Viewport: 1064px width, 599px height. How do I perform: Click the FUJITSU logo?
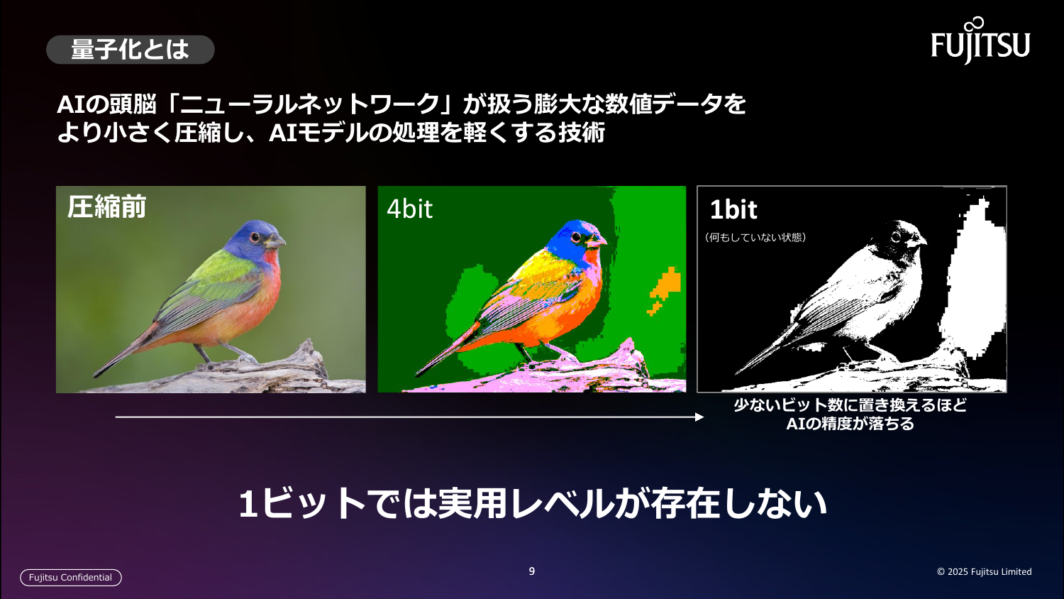coord(980,43)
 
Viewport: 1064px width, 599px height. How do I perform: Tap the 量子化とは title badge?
coord(130,50)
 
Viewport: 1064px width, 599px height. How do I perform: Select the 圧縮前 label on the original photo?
coord(106,207)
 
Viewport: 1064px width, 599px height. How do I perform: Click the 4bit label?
coord(409,209)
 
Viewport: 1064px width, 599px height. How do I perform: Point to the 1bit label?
coord(733,210)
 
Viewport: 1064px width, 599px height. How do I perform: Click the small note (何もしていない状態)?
coord(755,237)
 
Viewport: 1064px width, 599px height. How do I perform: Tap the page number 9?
coord(532,571)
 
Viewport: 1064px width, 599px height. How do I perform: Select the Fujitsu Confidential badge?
coord(71,578)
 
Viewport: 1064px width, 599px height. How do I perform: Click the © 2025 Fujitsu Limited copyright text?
coord(984,572)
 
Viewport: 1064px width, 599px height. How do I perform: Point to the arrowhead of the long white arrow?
coord(700,417)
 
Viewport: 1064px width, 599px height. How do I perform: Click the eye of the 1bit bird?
coord(897,237)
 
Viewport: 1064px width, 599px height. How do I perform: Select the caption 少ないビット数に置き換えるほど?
coord(850,405)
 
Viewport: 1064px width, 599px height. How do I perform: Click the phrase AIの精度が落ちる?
coord(850,424)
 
